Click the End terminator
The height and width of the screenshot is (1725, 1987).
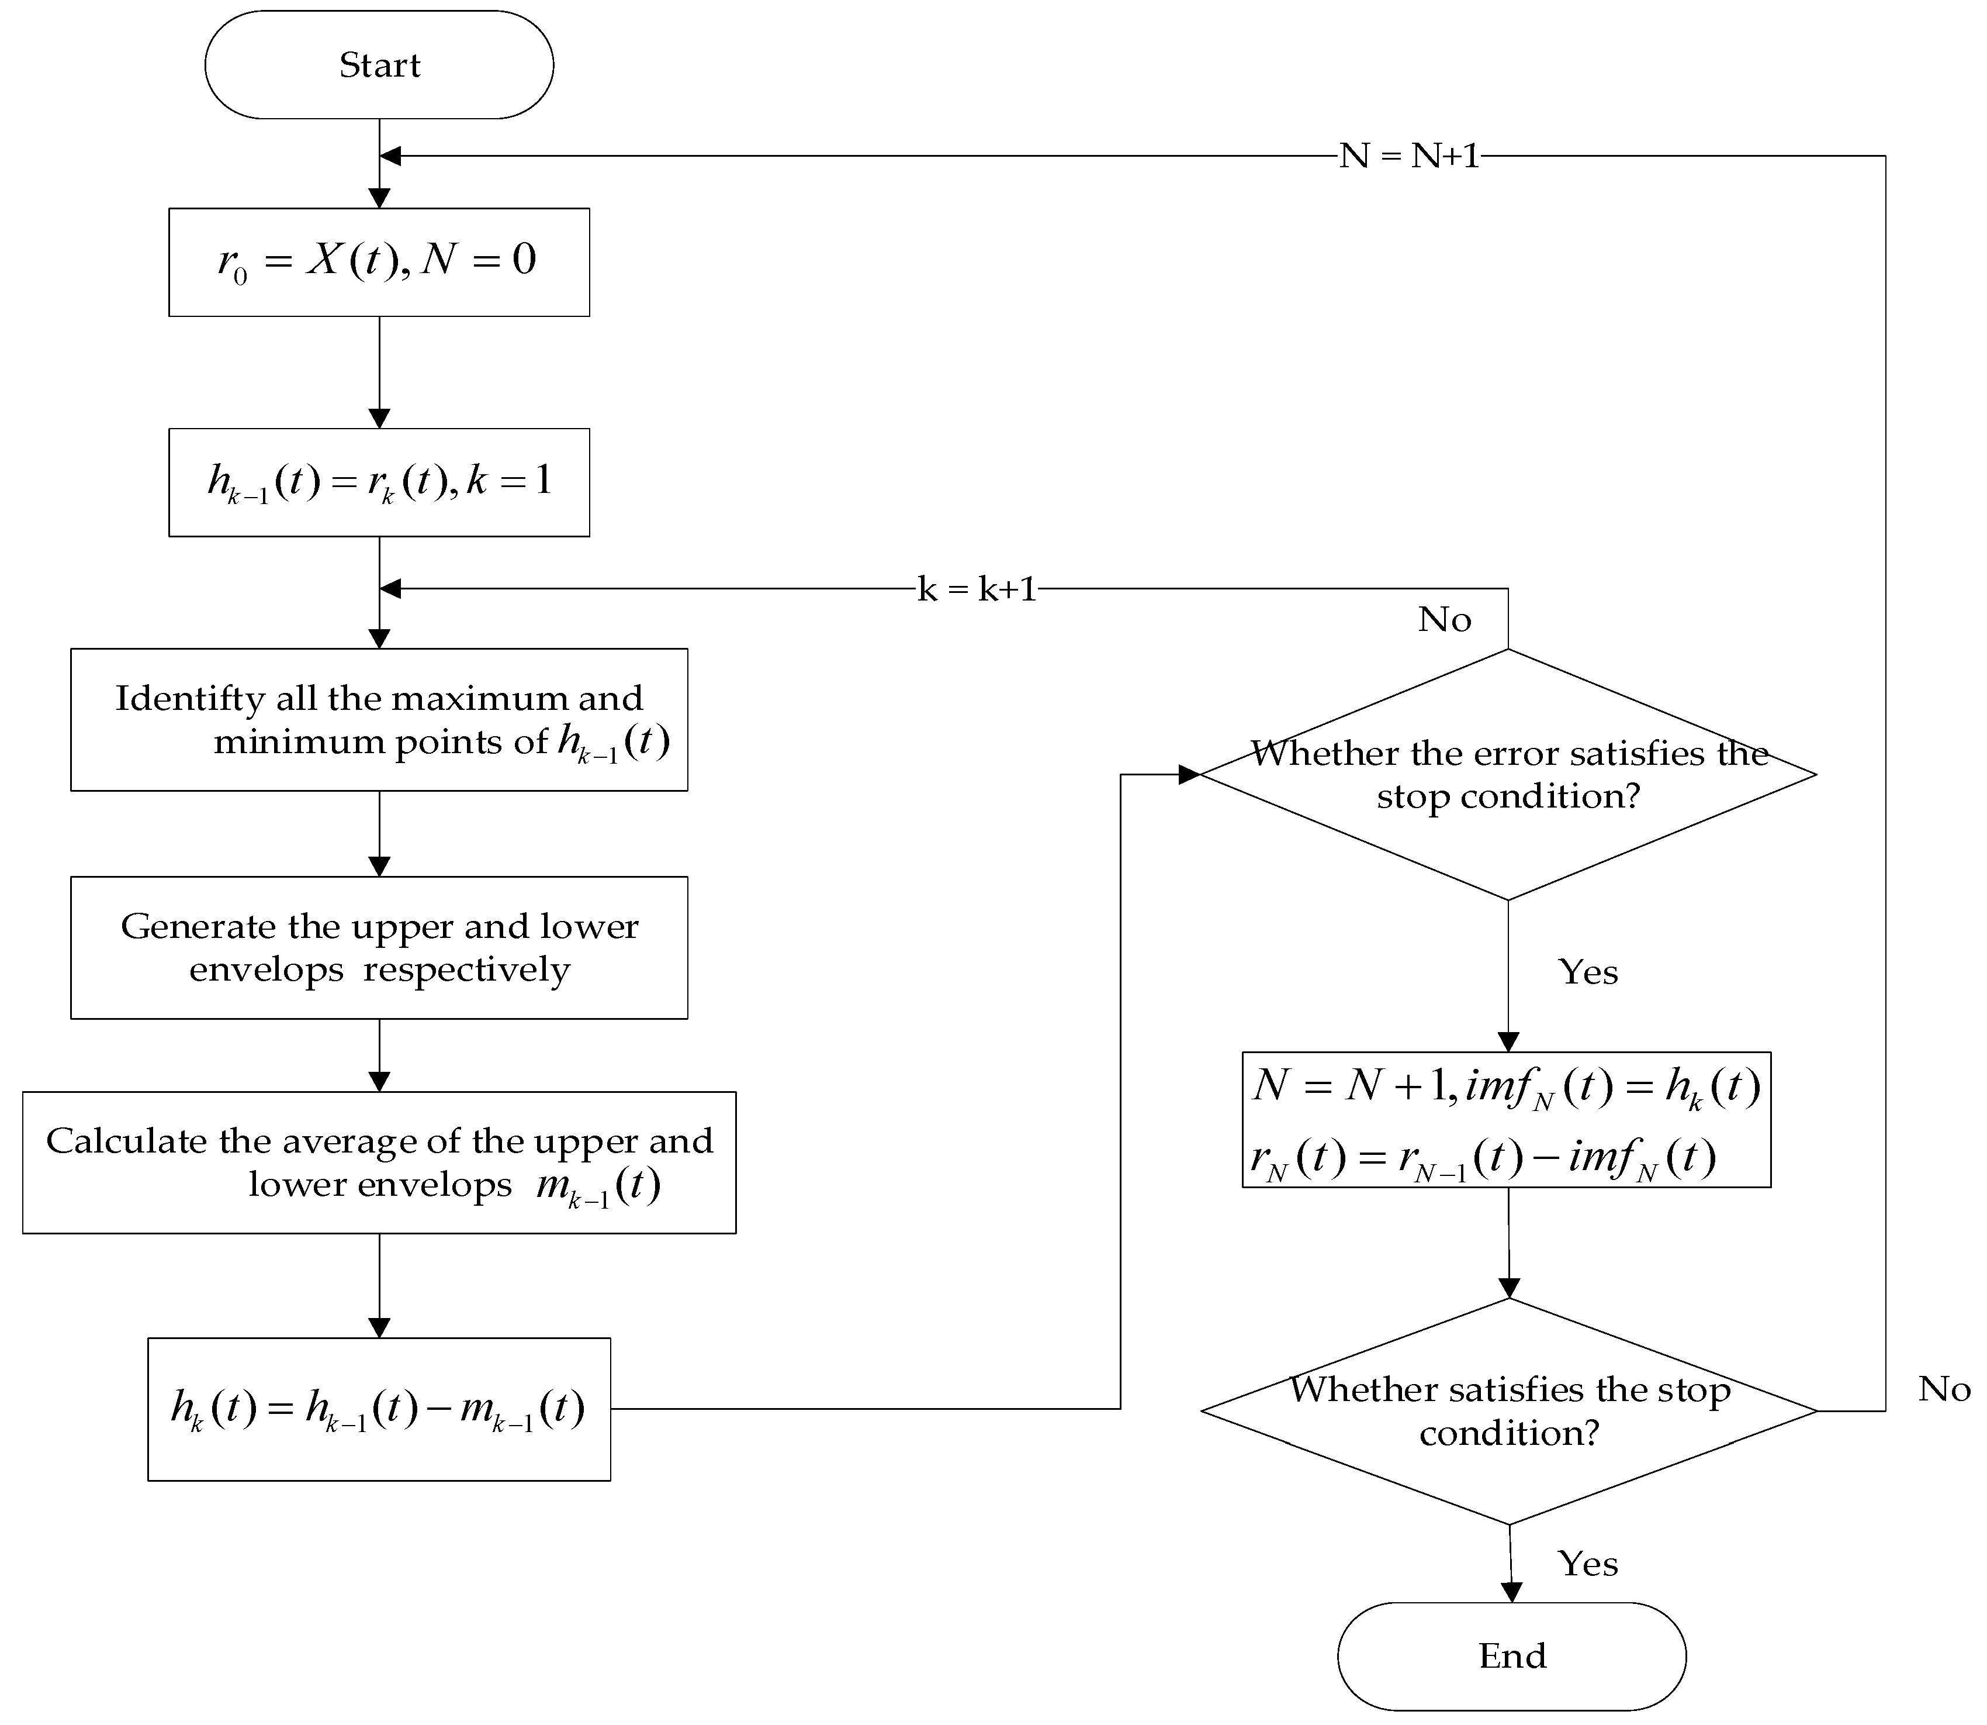coord(1512,1655)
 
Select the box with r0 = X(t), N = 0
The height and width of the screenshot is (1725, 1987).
coord(379,262)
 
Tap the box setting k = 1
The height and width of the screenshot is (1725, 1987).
coord(379,482)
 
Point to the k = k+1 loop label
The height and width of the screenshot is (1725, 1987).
coord(977,589)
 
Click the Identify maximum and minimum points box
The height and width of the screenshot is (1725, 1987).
coord(379,720)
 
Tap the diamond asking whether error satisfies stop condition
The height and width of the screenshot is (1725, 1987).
coord(1508,775)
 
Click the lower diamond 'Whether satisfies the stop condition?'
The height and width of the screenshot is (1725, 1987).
coord(1509,1411)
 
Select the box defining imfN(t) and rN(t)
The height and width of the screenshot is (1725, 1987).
coord(1506,1120)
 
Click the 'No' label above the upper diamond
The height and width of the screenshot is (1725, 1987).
coord(1444,620)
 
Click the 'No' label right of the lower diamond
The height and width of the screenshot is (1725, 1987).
coord(1943,1389)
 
